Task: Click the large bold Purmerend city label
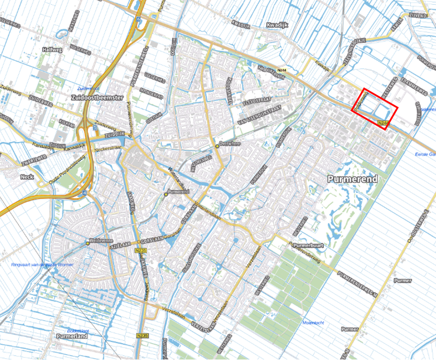[352, 179]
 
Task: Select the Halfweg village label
[54, 50]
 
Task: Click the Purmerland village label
[73, 336]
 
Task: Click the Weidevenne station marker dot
[88, 243]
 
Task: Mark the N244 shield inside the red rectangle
[383, 124]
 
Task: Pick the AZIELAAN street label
[120, 245]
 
